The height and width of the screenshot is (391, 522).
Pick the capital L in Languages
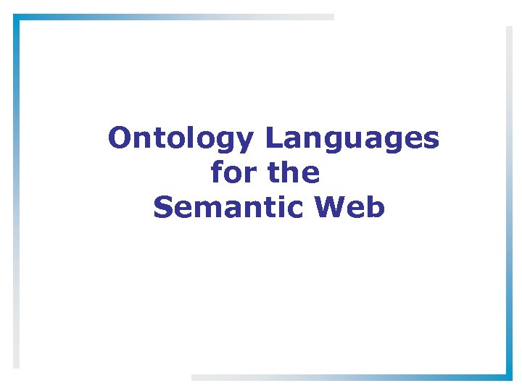[x=272, y=138]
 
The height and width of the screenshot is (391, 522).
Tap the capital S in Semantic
[x=162, y=208]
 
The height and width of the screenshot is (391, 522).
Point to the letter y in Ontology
[x=246, y=141]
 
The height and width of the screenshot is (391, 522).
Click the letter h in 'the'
[x=292, y=172]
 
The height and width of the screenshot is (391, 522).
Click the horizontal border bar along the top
[x=174, y=17]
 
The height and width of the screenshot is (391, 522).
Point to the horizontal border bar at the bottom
[x=352, y=377]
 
